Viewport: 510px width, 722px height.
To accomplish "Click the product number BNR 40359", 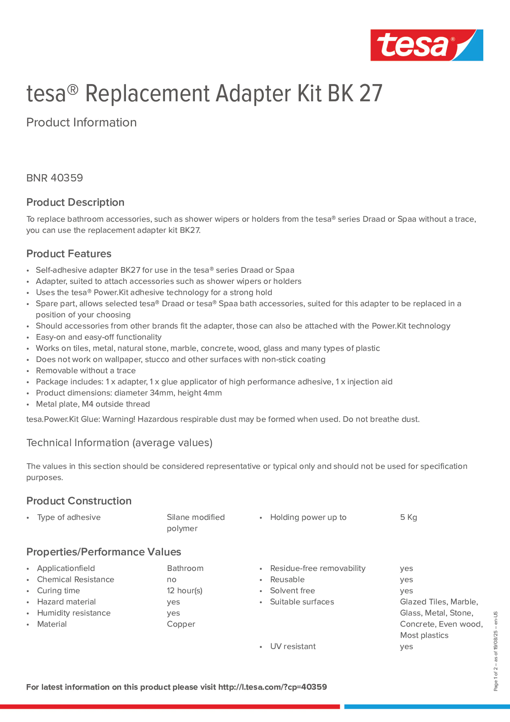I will pyautogui.click(x=55, y=178).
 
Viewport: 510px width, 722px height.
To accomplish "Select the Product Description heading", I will pyautogui.click(x=75, y=202).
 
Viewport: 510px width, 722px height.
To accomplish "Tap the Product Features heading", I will pyautogui.click(x=69, y=254).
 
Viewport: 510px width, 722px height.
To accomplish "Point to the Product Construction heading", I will pyautogui.click(x=79, y=501).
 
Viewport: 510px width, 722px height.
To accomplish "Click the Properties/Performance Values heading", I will pyautogui.click(x=104, y=552).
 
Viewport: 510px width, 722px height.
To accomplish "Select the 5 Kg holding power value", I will pyautogui.click(x=408, y=517).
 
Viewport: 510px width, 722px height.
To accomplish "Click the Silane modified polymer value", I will pyautogui.click(x=196, y=523).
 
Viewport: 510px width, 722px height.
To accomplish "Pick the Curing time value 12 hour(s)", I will pyautogui.click(x=185, y=591).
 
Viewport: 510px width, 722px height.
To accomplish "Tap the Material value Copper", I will pyautogui.click(x=181, y=624).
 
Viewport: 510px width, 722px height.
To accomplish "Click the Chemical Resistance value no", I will pyautogui.click(x=172, y=580).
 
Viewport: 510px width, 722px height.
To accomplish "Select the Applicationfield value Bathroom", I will pyautogui.click(x=185, y=568).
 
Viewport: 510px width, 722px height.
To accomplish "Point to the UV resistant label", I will pyautogui.click(x=293, y=646).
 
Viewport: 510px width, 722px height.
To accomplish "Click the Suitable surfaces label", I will pyautogui.click(x=302, y=602).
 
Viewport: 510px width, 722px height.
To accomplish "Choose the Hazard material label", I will pyautogui.click(x=66, y=602).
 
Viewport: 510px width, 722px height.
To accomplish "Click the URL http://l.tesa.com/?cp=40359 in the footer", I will pyautogui.click(x=273, y=687).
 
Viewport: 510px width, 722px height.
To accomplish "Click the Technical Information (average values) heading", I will pyautogui.click(x=119, y=443).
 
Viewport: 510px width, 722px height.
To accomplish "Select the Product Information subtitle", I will pyautogui.click(x=81, y=122).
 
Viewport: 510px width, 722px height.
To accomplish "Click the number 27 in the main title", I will pyautogui.click(x=371, y=94).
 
